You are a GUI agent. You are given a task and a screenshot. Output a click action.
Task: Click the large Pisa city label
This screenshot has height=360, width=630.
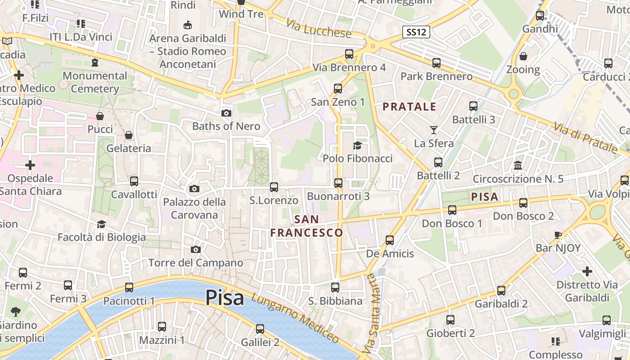pos(225,298)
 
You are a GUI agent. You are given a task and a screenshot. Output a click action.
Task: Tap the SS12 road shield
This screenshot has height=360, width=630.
pos(416,32)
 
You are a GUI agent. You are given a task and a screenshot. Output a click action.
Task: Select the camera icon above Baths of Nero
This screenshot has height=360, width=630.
pos(226,113)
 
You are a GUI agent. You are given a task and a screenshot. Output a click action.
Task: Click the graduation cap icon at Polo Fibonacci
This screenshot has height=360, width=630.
pos(357,145)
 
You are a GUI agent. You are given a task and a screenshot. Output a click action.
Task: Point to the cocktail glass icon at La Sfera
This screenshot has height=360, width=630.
pos(433,130)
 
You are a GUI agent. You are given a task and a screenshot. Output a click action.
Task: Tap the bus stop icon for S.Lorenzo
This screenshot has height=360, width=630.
pos(274,187)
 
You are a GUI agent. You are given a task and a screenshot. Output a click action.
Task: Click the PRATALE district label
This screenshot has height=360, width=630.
pos(409,107)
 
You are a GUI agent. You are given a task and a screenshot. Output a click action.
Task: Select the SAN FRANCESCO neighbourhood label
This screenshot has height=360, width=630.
pos(306,226)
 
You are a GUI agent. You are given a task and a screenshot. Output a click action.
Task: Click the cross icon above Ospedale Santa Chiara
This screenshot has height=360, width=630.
pos(30,165)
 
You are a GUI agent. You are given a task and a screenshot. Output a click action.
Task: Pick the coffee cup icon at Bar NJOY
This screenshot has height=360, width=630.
pos(558,235)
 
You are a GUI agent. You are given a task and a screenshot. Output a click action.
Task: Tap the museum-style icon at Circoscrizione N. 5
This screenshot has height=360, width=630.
pos(517,166)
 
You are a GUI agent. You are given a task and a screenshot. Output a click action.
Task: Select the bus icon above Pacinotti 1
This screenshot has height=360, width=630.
pos(129,288)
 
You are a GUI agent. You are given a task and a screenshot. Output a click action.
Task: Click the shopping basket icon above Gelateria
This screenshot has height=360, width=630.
pos(129,135)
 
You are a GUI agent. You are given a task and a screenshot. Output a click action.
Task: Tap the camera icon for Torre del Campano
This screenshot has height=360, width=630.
pos(195,249)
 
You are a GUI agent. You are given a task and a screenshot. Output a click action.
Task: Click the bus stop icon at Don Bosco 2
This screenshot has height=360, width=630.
pos(523,203)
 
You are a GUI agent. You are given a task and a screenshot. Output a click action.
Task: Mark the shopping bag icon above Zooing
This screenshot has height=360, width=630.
pos(523,56)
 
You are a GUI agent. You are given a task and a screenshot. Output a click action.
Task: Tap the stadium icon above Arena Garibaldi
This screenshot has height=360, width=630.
pos(188,25)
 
